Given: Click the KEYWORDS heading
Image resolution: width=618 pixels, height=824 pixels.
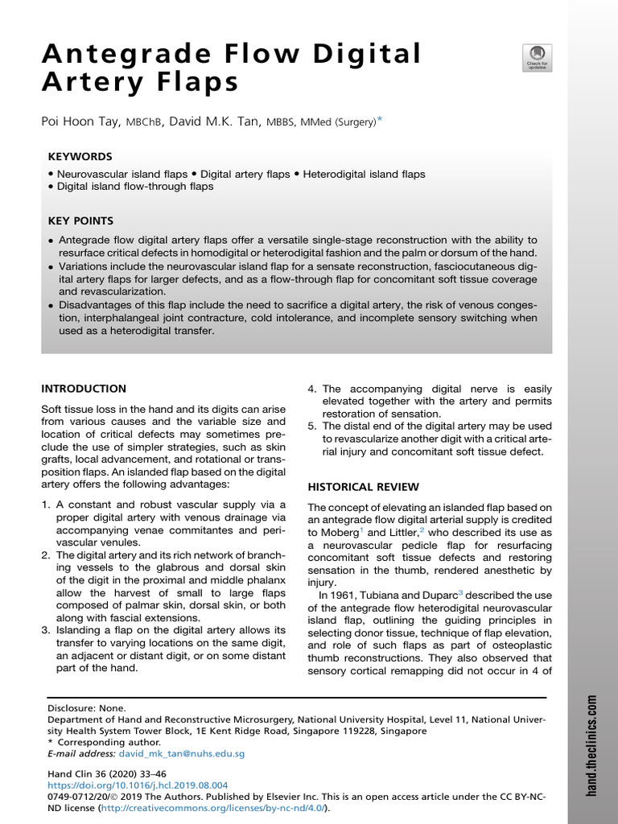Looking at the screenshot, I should [x=80, y=157].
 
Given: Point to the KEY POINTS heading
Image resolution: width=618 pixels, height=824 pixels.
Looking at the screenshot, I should [x=80, y=220].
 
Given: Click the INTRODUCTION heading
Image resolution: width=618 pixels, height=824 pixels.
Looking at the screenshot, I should [x=84, y=389].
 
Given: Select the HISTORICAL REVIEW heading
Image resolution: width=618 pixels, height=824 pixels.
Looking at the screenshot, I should [x=364, y=487].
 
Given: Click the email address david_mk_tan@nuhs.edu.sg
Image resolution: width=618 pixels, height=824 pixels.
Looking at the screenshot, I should [x=181, y=754].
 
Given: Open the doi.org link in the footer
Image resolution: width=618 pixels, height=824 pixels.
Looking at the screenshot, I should [x=137, y=785].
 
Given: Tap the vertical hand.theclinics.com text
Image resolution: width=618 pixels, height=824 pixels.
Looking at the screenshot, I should [x=593, y=745].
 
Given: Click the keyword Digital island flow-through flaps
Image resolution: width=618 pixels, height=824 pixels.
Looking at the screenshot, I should [x=134, y=187].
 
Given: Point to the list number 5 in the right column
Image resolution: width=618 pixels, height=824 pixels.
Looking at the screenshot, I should [x=311, y=426].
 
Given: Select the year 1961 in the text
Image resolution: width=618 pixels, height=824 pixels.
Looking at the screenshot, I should [x=337, y=595].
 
